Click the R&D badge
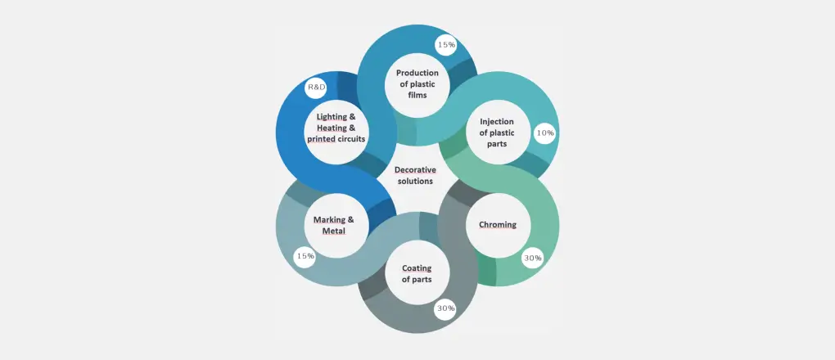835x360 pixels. click(x=316, y=87)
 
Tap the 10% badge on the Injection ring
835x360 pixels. click(x=544, y=133)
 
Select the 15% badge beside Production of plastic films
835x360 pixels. click(x=446, y=45)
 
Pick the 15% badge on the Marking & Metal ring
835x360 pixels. click(x=305, y=256)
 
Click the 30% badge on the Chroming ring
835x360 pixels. click(x=533, y=258)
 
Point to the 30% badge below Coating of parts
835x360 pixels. click(x=445, y=308)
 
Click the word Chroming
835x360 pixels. click(x=498, y=225)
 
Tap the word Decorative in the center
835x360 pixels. click(x=415, y=170)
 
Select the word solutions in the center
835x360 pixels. click(x=414, y=182)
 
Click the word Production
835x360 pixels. click(x=417, y=73)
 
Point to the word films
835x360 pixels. click(x=417, y=96)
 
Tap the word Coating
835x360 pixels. click(x=417, y=268)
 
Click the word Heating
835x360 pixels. click(x=332, y=128)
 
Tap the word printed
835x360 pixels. click(x=321, y=140)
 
